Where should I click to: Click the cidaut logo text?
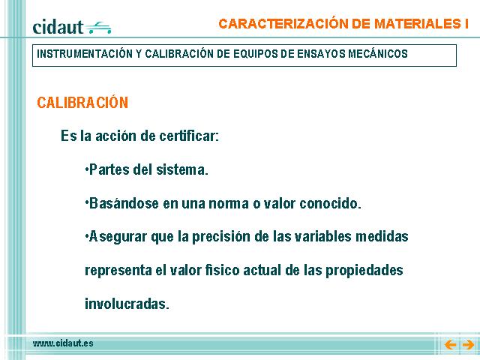(58, 27)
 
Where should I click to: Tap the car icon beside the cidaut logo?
(98, 28)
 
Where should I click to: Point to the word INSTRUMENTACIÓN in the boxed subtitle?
(85, 54)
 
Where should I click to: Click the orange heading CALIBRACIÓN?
(82, 102)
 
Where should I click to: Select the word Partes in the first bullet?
(109, 169)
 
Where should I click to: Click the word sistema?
(181, 169)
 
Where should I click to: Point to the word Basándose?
(124, 203)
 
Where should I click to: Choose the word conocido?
(330, 203)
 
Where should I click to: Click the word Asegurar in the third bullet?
(118, 237)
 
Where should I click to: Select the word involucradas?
(127, 304)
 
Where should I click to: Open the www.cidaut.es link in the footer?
(63, 343)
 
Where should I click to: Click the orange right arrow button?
(468, 345)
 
